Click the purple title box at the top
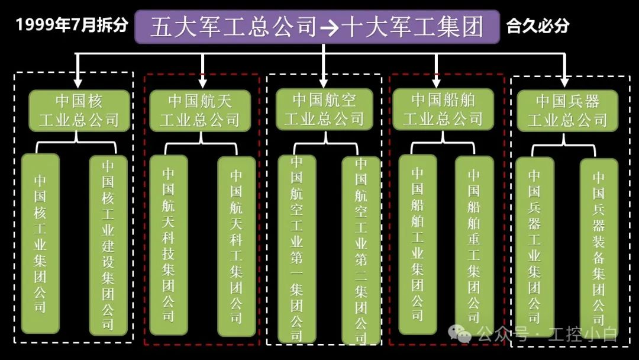pos(317,27)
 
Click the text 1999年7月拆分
pos(72,25)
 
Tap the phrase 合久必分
pos(538,26)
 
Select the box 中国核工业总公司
pos(79,110)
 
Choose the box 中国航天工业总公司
pos(199,110)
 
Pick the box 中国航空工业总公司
pos(324,110)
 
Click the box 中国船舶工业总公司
pos(443,110)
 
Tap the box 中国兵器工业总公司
pos(567,110)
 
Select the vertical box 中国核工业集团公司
pos(40,243)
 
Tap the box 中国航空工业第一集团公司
pos(297,249)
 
